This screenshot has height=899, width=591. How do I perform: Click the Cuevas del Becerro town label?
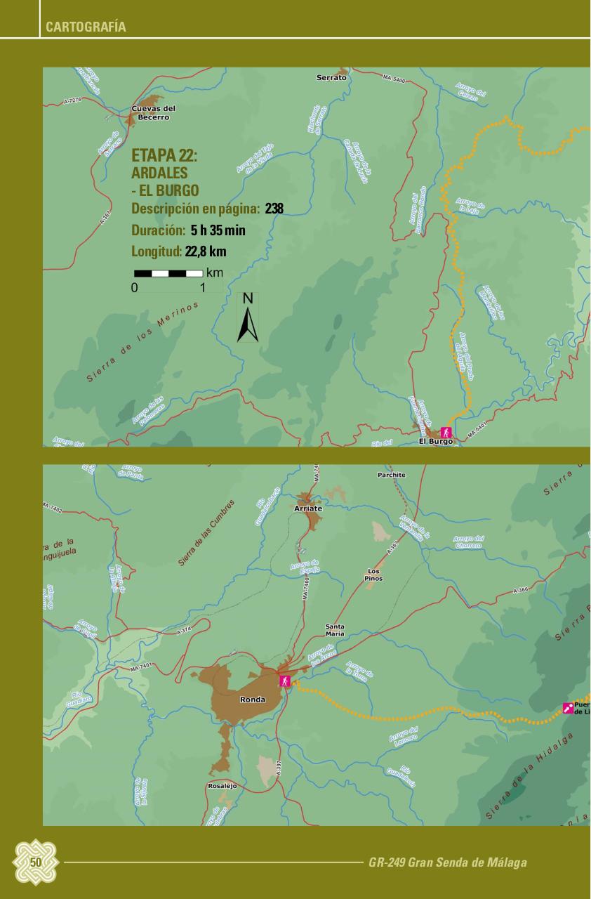[154, 112]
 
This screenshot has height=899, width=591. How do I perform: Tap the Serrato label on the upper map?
[331, 77]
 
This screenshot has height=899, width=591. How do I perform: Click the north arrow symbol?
[248, 320]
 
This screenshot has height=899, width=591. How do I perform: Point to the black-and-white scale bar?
[168, 273]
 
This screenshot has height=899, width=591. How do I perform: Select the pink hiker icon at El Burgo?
[445, 432]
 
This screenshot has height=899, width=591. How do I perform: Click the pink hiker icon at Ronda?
[285, 681]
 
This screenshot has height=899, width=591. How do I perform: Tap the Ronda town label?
[252, 700]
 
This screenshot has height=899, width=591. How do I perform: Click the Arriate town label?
[308, 508]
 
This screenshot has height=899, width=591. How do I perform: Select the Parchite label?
[391, 475]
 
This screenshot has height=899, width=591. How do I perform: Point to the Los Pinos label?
[374, 575]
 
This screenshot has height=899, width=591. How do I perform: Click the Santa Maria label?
[335, 629]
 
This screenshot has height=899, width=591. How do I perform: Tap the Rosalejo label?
[223, 786]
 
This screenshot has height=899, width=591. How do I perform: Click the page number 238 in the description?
[274, 209]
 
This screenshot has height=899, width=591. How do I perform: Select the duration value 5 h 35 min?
[218, 230]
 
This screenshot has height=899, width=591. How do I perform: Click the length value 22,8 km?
[206, 251]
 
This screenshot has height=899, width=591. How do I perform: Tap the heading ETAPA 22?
[164, 156]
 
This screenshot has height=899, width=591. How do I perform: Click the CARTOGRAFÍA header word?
[86, 27]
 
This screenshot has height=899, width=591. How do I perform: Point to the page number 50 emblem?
[36, 862]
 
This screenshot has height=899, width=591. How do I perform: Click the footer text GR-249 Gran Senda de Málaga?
[447, 862]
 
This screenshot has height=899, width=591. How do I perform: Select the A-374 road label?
[184, 631]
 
